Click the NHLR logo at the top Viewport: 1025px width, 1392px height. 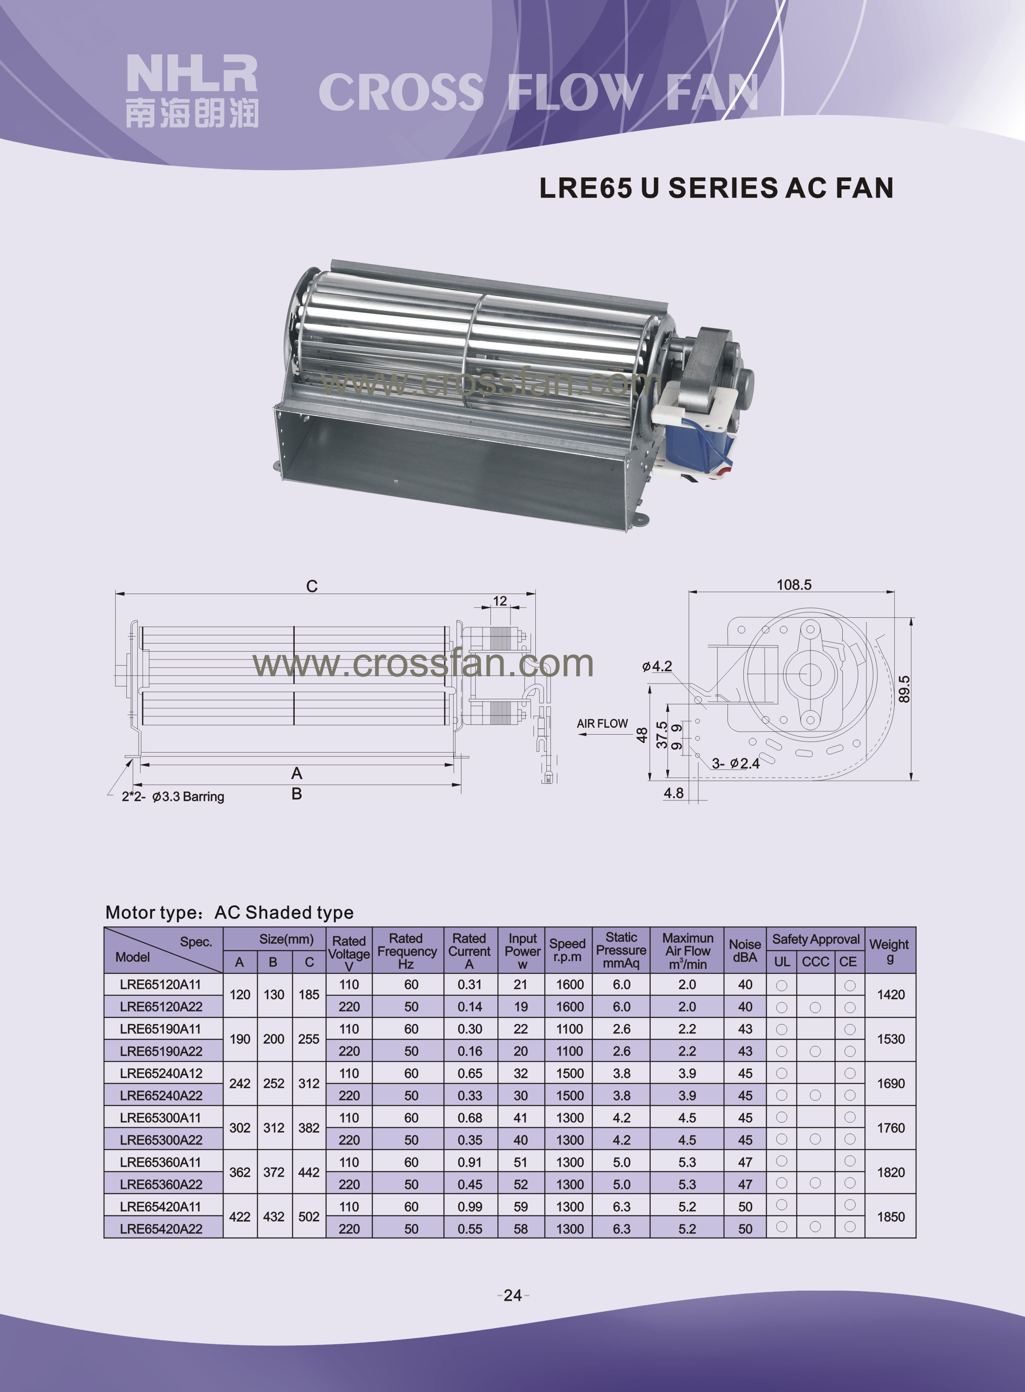[x=192, y=91]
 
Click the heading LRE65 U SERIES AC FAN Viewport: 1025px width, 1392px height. [x=716, y=188]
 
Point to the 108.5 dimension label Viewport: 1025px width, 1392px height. [x=794, y=585]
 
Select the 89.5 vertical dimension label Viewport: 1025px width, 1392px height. [x=904, y=689]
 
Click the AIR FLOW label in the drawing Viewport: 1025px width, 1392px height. [x=602, y=724]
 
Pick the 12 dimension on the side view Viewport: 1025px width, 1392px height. [x=500, y=601]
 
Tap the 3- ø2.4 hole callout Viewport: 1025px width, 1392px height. [x=735, y=763]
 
